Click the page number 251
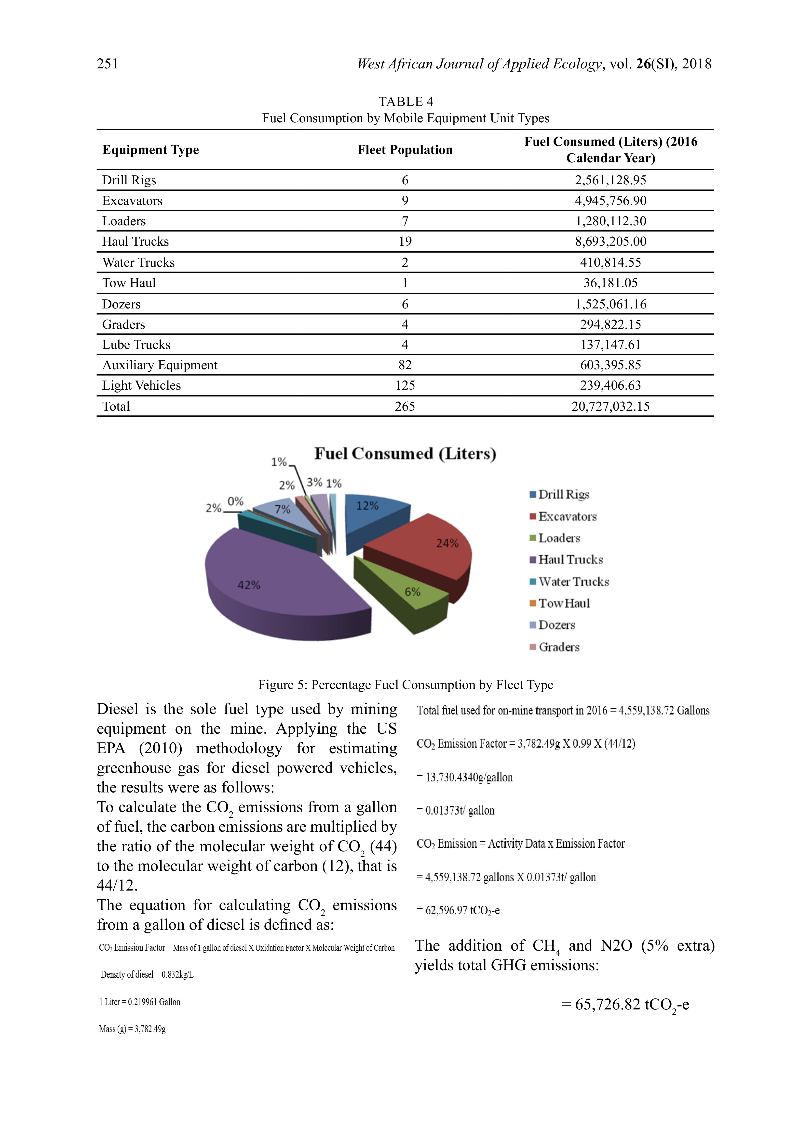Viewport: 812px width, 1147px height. click(x=108, y=64)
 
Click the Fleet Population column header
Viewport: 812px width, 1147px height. click(x=405, y=150)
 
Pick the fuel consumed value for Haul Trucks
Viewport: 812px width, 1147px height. click(x=610, y=242)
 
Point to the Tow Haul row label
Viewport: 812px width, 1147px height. click(x=129, y=283)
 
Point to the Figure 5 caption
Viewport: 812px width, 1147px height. click(x=406, y=685)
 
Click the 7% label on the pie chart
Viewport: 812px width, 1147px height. click(x=283, y=509)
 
